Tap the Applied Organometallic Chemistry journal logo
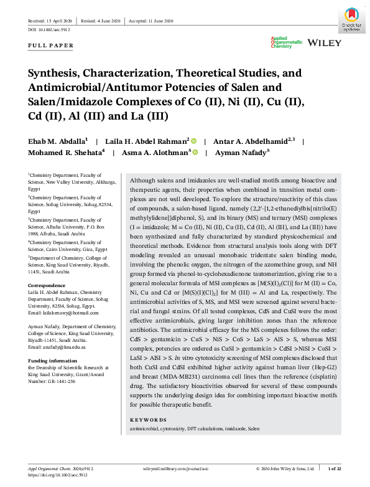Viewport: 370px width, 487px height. (284, 42)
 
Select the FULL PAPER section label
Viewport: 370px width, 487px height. (50, 45)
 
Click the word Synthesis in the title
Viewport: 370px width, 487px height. (57, 73)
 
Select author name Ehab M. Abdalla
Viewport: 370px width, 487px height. (57, 142)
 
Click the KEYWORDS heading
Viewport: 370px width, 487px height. (149, 420)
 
